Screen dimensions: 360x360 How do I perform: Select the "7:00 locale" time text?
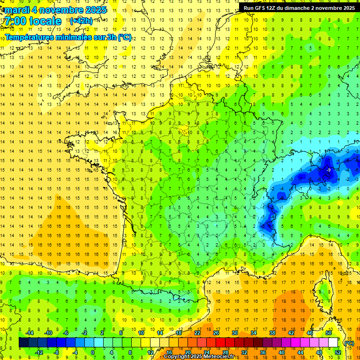point(33,21)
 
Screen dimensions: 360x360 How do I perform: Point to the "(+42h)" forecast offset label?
point(81,21)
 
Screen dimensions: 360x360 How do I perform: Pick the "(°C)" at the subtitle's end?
point(124,37)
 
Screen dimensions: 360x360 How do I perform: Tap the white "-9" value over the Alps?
point(329,170)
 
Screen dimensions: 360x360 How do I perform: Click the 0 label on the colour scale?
point(93,352)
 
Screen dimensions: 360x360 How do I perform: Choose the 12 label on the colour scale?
point(150,352)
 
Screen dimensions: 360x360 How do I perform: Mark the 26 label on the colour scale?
point(216,332)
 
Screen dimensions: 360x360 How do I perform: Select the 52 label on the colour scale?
point(338,352)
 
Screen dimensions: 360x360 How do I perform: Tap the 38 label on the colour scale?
point(272,332)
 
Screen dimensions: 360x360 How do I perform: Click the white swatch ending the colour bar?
point(333,342)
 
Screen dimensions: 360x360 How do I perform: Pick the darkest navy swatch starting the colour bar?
point(23,342)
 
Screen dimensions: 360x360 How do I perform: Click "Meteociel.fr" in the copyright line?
point(220,357)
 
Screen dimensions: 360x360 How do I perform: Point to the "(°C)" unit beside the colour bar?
point(348,343)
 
